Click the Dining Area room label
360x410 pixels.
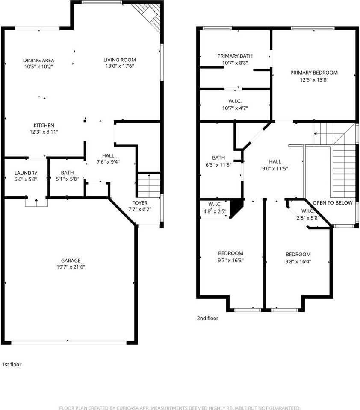pos(38,60)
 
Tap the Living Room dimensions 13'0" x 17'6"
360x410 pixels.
pos(120,66)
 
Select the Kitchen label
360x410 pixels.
pos(44,125)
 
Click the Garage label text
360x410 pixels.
pos(71,261)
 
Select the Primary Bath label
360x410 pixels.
pos(235,56)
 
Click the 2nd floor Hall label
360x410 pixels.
pos(275,161)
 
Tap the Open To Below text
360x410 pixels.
pos(333,203)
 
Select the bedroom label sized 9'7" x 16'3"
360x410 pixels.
pos(230,253)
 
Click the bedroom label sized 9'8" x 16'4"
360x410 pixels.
pos(298,254)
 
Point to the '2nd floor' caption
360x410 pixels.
pos(207,318)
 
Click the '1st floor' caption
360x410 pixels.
pos(12,364)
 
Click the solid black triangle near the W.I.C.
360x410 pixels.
pos(236,208)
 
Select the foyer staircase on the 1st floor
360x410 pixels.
pos(149,184)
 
